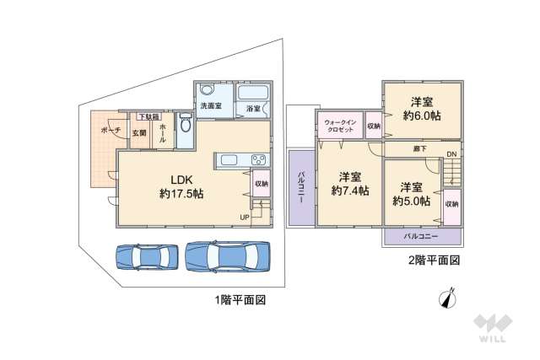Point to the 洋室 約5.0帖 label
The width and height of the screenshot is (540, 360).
411,194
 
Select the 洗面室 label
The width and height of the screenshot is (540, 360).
211,106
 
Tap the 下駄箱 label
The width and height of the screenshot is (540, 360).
148,116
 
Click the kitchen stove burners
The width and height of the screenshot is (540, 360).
258,161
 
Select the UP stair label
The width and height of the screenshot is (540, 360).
244,218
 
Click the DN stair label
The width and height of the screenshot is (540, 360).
451,154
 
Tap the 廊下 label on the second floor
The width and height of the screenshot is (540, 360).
418,149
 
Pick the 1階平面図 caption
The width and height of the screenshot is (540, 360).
240,299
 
